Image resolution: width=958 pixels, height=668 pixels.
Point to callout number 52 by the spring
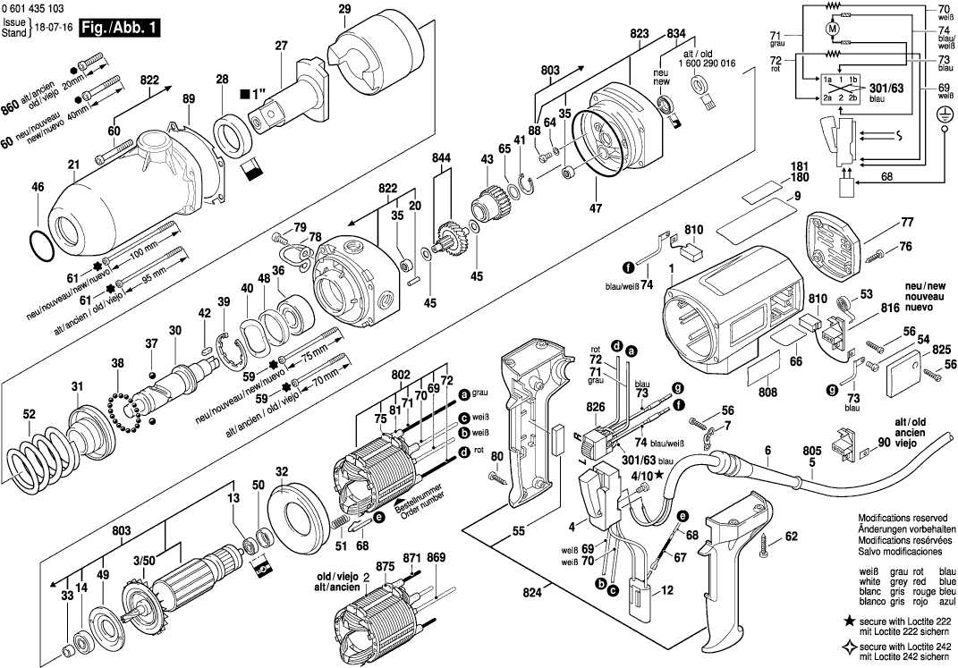point(29,414)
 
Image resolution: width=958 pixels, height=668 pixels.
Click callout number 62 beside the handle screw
point(791,537)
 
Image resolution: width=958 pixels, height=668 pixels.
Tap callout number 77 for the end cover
point(907,222)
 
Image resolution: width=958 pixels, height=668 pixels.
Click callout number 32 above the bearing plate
point(281,471)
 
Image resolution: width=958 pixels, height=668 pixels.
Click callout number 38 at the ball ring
point(117,363)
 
